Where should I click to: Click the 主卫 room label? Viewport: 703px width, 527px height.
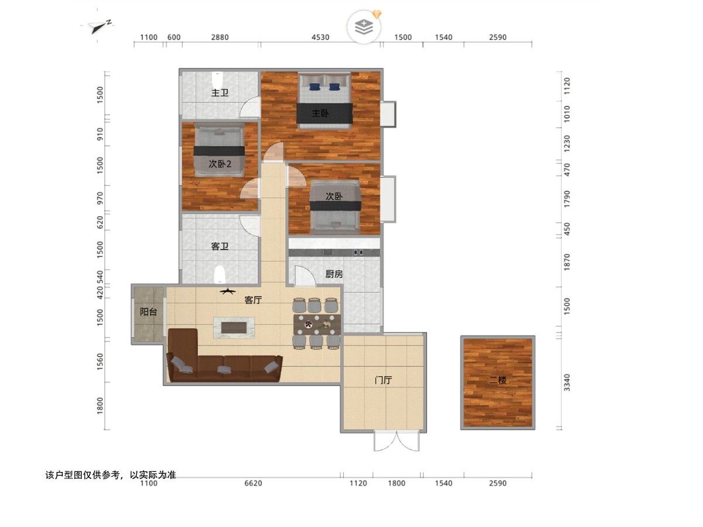tap(220, 93)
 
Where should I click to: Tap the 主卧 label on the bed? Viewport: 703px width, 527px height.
tap(320, 113)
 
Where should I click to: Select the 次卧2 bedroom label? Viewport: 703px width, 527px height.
tap(220, 164)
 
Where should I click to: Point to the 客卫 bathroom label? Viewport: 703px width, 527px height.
tap(220, 246)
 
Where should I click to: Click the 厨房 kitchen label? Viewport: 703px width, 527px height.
tap(334, 274)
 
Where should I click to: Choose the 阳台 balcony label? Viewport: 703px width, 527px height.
tap(148, 312)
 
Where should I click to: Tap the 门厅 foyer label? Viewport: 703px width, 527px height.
tap(383, 380)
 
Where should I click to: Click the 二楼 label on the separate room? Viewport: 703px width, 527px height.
tap(498, 380)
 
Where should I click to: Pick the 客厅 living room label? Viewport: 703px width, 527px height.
tap(253, 300)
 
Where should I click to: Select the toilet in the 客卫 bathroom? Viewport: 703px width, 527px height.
tap(220, 275)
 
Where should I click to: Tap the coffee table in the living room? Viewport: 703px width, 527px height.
tap(234, 328)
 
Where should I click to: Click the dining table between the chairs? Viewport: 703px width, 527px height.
tap(317, 324)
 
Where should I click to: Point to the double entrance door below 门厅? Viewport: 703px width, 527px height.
tap(397, 442)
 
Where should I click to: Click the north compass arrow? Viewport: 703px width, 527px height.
tap(100, 27)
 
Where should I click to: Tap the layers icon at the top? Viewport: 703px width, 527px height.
tap(364, 26)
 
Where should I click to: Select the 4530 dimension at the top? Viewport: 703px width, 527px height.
tap(320, 37)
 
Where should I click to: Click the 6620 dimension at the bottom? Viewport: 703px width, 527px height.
tap(253, 483)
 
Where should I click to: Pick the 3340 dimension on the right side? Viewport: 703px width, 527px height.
tap(567, 382)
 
